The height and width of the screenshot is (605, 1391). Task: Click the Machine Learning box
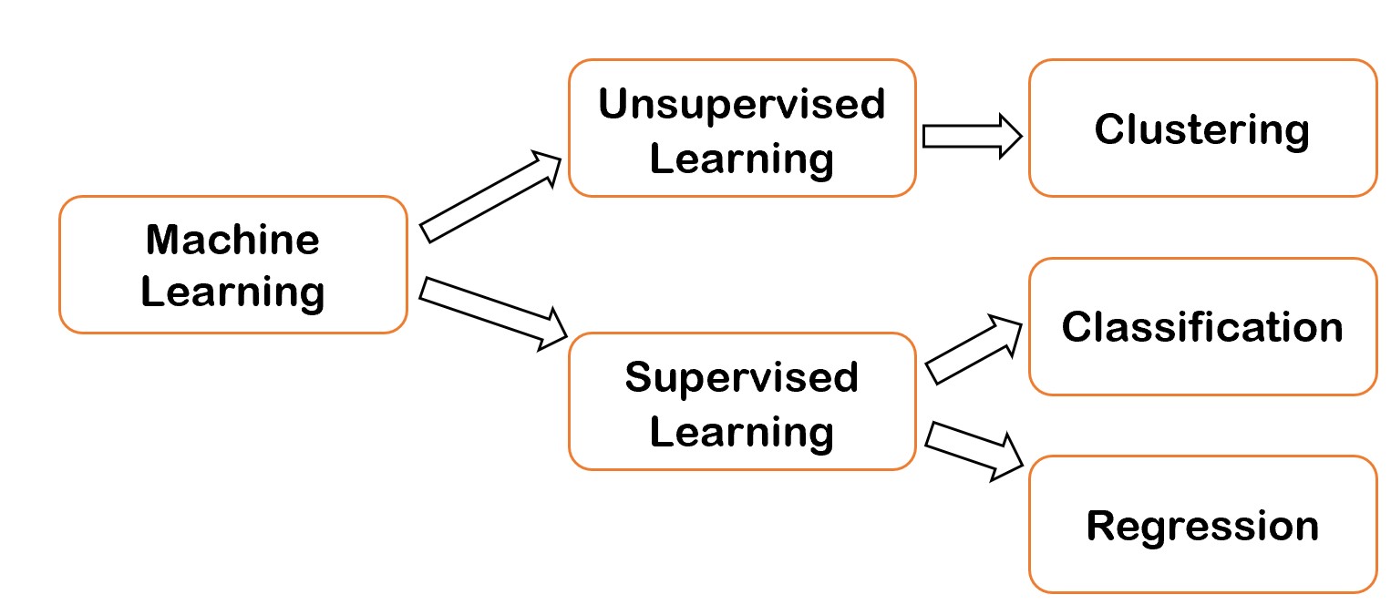232,265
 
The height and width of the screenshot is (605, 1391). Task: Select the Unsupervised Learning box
741,128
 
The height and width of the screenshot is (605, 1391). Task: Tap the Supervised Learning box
741,402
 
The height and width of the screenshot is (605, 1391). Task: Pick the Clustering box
1201,128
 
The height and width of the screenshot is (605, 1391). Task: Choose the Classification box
1201,327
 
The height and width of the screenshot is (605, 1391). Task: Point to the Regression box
1201,525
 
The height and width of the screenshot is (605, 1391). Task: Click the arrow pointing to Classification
974,348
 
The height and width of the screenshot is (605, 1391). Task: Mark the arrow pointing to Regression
974,450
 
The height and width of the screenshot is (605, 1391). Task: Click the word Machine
232,240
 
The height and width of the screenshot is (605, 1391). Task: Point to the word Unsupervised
741,104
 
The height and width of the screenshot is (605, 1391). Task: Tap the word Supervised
741,376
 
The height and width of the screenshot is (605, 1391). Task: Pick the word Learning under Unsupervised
741,159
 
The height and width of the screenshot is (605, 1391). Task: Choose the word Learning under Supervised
741,431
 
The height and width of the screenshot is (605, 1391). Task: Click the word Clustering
1201,129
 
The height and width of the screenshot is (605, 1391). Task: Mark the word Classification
1201,327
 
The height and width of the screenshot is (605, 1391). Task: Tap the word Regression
1201,527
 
